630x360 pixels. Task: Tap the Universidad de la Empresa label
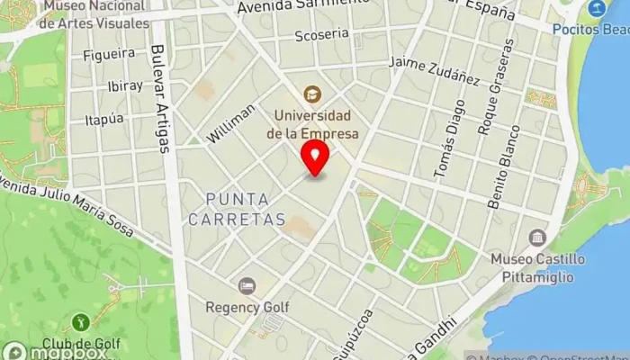point(312,125)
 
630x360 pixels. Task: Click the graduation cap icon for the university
point(312,93)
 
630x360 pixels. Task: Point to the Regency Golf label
point(247,307)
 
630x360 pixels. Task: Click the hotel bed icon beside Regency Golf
point(247,286)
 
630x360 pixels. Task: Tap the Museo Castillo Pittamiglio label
point(538,268)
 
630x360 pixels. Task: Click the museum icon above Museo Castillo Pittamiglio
point(538,238)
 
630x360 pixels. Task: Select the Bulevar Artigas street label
point(161,99)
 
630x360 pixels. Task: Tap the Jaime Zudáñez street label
point(434,69)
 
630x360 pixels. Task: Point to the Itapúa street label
point(102,119)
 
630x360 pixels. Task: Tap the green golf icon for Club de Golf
point(80,321)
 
